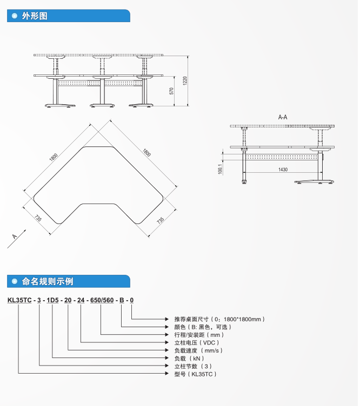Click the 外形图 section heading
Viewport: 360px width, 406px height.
click(x=35, y=16)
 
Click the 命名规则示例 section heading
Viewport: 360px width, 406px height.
click(x=48, y=281)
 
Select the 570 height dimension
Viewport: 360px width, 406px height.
click(x=171, y=91)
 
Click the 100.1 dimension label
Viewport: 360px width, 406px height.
click(x=220, y=169)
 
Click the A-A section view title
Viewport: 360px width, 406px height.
click(x=282, y=117)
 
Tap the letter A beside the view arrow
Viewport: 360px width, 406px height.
click(x=14, y=236)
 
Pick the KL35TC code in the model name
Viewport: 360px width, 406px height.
click(x=19, y=300)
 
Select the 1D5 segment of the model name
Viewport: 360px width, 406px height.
click(x=52, y=300)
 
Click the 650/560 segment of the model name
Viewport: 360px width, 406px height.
click(x=101, y=300)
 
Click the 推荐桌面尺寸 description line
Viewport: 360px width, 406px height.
click(x=219, y=319)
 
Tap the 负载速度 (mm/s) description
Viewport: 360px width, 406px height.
click(x=198, y=350)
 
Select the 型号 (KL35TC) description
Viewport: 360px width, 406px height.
click(x=195, y=374)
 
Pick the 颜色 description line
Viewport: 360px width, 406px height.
click(x=203, y=327)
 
